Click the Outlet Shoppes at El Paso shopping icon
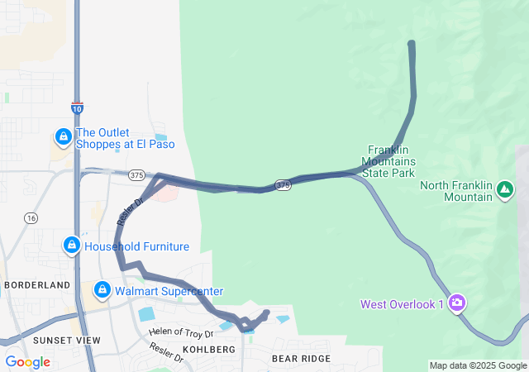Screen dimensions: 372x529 click(x=63, y=136)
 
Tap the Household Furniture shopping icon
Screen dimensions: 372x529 click(x=72, y=246)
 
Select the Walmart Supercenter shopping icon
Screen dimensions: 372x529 click(x=102, y=290)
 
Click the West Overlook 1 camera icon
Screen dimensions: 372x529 click(x=457, y=303)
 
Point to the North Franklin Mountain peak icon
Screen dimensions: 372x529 click(x=503, y=192)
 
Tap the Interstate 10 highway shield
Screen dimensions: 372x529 click(x=76, y=107)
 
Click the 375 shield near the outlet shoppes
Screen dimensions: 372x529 click(x=137, y=174)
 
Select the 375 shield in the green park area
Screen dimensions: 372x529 click(x=283, y=184)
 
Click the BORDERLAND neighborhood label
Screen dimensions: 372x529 click(x=37, y=284)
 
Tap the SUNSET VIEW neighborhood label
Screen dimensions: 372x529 click(x=66, y=340)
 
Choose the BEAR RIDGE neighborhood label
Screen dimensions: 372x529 click(x=301, y=358)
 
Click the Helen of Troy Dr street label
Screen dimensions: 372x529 click(x=181, y=332)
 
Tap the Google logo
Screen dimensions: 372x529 click(x=27, y=361)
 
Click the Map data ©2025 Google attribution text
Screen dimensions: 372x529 click(x=477, y=365)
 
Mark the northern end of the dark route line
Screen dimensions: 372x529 click(x=412, y=43)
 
